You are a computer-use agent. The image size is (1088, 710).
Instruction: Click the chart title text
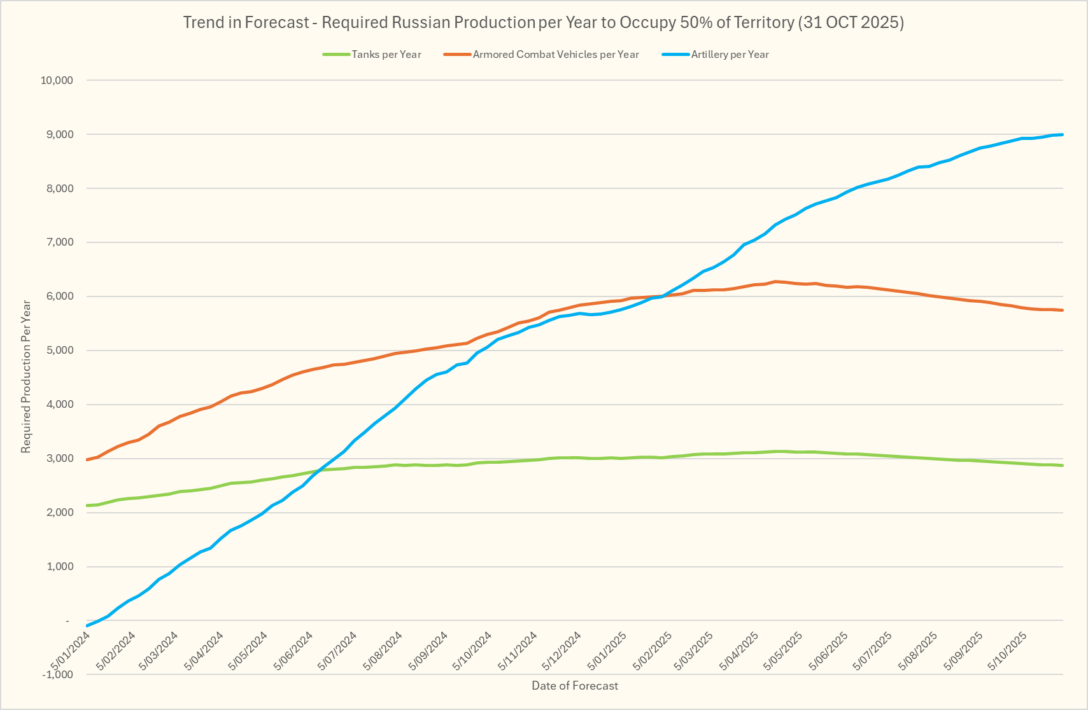[543, 23]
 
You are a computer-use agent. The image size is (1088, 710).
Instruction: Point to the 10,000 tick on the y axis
[57, 81]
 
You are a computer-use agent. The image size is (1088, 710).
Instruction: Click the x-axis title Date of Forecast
[574, 686]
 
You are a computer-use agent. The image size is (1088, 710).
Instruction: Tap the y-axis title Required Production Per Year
[26, 377]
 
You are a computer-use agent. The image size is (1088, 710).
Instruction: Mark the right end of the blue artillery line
[1062, 134]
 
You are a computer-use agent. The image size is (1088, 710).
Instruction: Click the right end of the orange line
[1062, 310]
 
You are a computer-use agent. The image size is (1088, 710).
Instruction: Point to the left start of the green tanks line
[87, 505]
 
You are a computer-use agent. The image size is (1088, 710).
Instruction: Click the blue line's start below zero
[87, 625]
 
